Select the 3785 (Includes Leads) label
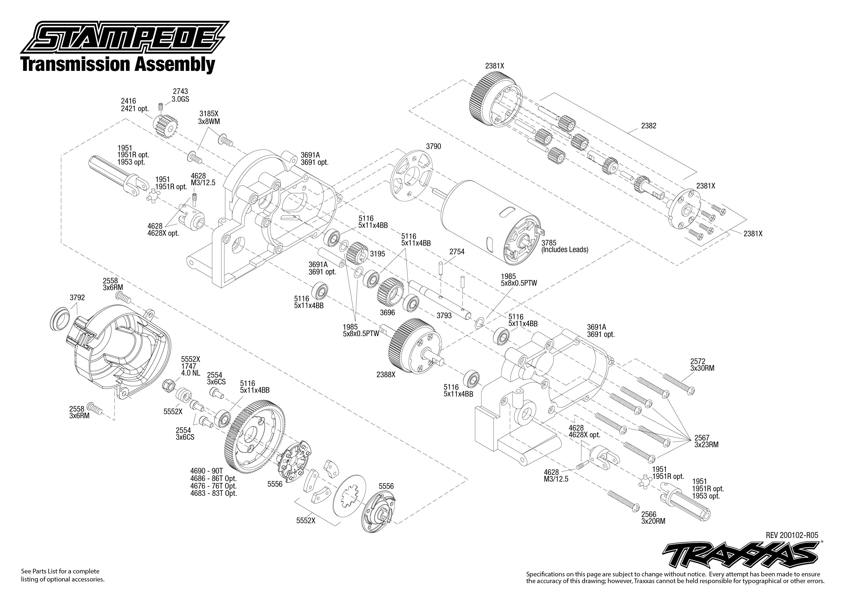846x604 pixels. (x=564, y=246)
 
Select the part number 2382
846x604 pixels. (x=649, y=126)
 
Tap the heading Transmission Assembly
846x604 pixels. (x=118, y=64)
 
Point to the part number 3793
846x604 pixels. (x=444, y=315)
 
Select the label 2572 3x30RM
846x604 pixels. (x=702, y=365)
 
